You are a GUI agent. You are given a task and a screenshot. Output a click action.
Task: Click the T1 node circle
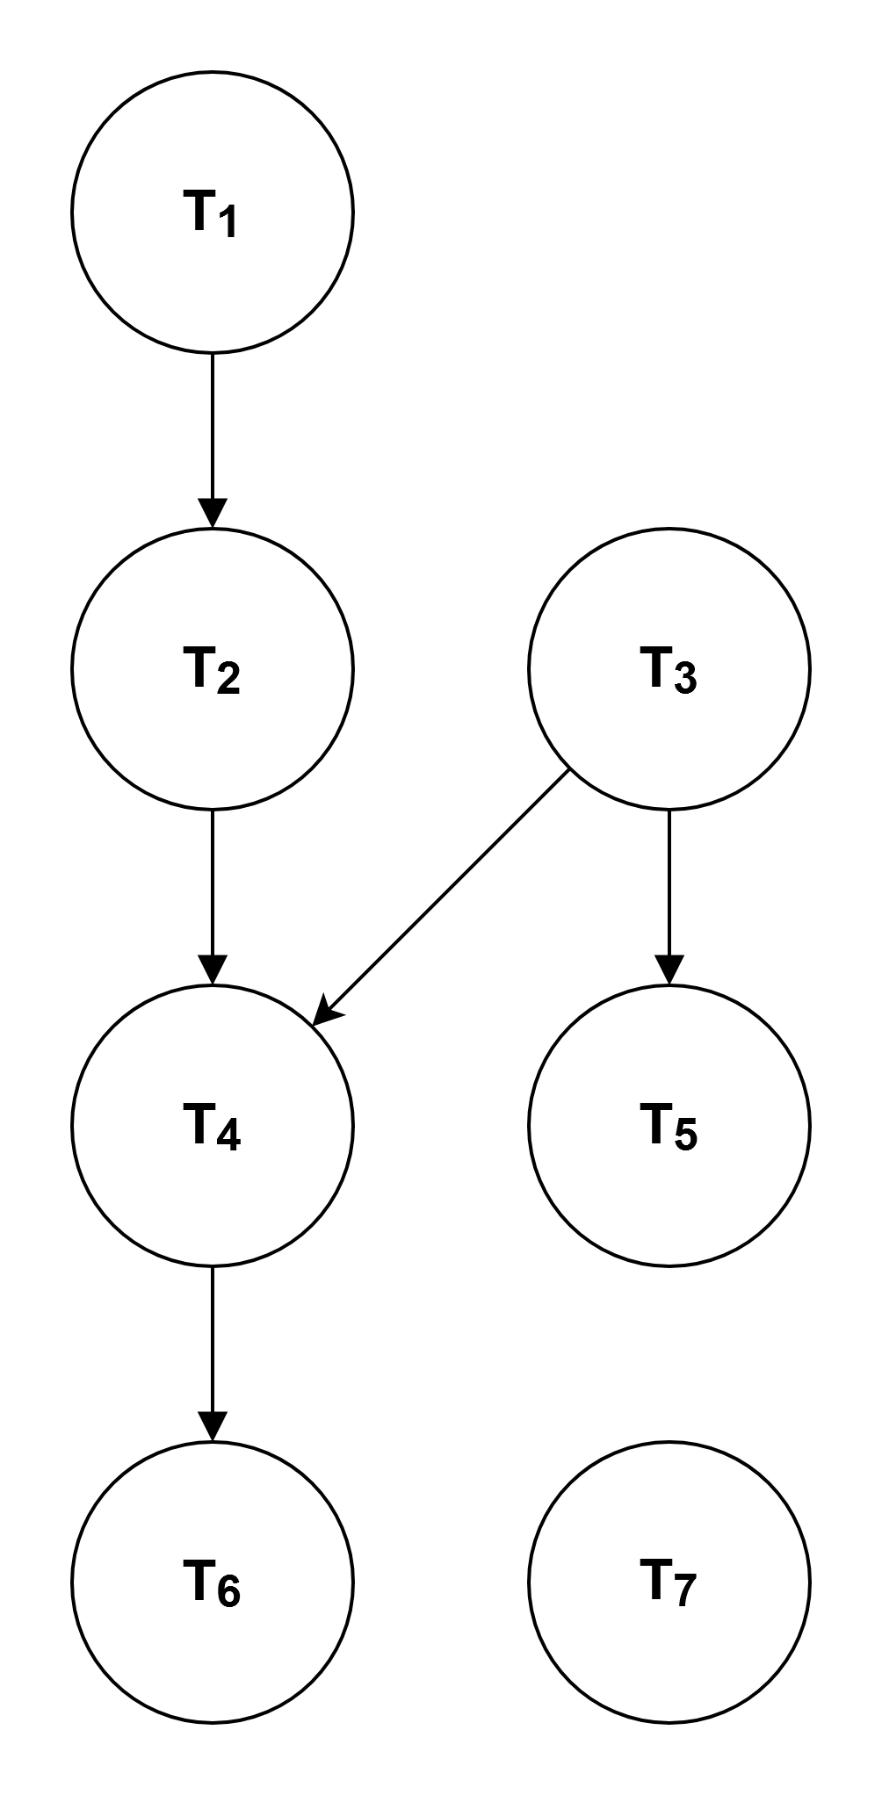(213, 212)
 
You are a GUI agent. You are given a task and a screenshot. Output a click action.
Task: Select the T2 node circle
(213, 668)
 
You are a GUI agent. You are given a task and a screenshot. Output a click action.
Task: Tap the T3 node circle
(669, 668)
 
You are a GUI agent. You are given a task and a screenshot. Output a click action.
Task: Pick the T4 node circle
(213, 1125)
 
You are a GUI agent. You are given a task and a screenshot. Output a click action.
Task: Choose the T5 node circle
(669, 1125)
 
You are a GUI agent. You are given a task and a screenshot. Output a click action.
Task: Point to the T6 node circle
(213, 1582)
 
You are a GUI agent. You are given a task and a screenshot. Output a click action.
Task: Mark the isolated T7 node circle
(669, 1582)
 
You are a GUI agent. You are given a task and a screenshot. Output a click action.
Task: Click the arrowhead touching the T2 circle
(213, 515)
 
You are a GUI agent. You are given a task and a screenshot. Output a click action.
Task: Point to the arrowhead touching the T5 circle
(669, 971)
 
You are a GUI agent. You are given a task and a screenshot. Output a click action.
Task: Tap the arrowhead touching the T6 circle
(213, 1428)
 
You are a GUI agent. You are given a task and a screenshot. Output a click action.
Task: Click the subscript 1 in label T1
(227, 224)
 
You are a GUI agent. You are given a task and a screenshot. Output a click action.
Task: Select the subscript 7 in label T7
(684, 1590)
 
